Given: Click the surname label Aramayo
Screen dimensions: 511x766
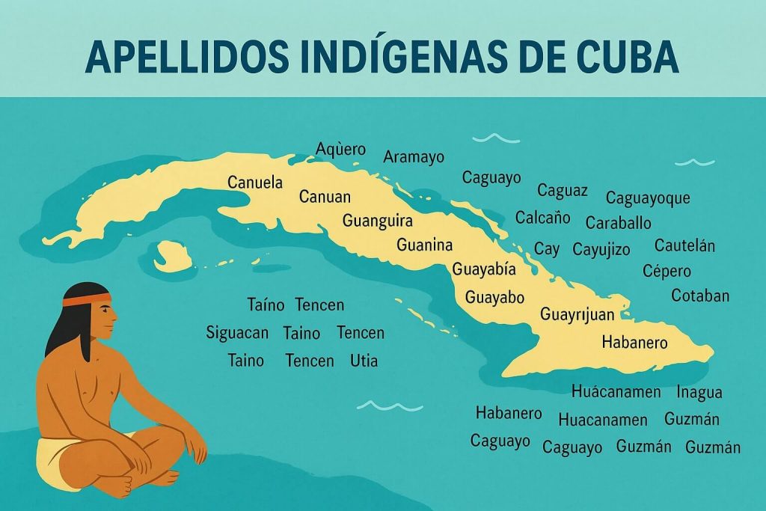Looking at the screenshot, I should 414,157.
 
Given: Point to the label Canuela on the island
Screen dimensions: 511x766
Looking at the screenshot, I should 255,183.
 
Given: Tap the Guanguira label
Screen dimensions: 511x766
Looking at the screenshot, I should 378,221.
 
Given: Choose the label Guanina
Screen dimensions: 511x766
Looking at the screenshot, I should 425,245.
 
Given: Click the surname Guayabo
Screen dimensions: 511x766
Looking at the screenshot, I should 494,297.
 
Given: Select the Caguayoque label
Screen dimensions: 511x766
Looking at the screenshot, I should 648,198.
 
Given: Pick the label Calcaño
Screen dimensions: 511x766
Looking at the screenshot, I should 543,218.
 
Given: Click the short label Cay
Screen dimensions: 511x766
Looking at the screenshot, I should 547,249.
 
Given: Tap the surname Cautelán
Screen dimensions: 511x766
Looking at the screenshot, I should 684,245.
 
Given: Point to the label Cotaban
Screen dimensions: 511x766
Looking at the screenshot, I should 700,296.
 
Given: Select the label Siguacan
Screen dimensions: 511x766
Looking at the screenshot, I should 237,332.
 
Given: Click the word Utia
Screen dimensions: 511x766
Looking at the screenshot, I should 364,361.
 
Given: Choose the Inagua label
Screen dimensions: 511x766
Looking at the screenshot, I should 699,392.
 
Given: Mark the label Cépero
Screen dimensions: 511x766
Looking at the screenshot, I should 667,271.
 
